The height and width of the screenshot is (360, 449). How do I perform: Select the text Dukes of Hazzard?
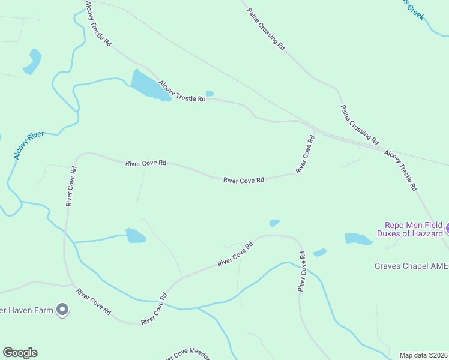pyautogui.click(x=410, y=233)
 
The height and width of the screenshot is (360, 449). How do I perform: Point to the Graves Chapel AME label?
pyautogui.click(x=411, y=266)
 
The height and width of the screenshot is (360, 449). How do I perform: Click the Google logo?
pyautogui.click(x=20, y=353)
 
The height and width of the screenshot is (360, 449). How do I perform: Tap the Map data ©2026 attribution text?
pyautogui.click(x=424, y=355)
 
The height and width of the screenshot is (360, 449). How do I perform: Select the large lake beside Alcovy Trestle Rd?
pyautogui.click(x=146, y=85)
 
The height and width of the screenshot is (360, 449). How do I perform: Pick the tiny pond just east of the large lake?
pyautogui.click(x=209, y=94)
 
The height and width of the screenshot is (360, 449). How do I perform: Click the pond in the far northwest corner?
pyautogui.click(x=32, y=61)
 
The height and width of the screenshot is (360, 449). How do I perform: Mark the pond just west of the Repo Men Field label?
pyautogui.click(x=359, y=239)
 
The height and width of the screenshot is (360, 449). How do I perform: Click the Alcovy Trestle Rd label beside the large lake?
pyautogui.click(x=182, y=92)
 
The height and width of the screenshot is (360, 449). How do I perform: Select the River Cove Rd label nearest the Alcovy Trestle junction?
pyautogui.click(x=306, y=155)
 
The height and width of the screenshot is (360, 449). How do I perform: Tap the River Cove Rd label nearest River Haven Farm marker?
pyautogui.click(x=93, y=302)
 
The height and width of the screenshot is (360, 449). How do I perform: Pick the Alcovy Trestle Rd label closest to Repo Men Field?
pyautogui.click(x=400, y=170)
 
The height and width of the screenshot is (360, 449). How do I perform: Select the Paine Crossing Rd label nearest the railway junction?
pyautogui.click(x=360, y=125)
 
